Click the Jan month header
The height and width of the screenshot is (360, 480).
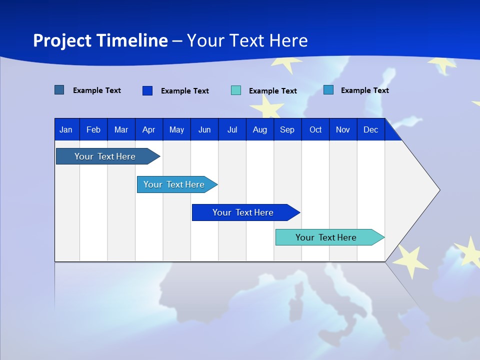tap(66, 129)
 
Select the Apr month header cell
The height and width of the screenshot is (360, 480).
tap(149, 129)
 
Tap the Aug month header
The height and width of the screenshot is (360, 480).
tap(260, 129)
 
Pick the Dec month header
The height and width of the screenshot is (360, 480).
tap(370, 129)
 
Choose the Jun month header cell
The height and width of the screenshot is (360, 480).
tap(204, 129)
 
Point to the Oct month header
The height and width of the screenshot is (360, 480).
tap(315, 129)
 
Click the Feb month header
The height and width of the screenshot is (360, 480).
tap(93, 129)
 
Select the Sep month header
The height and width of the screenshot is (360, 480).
tap(287, 129)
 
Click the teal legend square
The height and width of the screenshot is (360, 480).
tap(236, 90)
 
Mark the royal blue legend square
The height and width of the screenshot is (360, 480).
tap(147, 90)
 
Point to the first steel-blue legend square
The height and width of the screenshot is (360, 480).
tap(59, 90)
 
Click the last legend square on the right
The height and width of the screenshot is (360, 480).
tap(328, 90)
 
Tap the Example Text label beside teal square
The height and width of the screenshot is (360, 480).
tap(272, 91)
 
